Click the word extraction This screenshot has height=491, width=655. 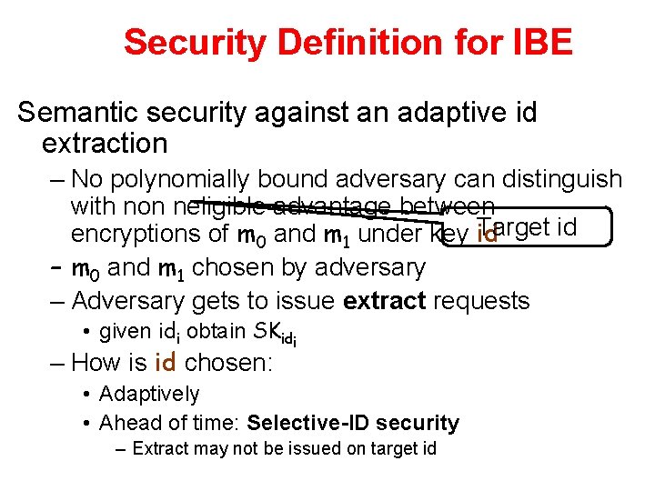point(105,143)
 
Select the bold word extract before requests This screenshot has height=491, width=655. point(384,300)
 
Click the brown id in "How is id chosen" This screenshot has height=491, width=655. point(165,363)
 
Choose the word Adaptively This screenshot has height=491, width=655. point(148,394)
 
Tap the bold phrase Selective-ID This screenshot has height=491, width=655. point(304,423)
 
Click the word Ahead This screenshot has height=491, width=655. point(125,423)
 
